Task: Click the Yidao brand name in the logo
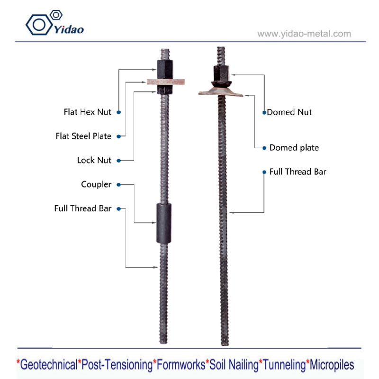[69, 29]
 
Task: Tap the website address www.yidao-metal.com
[304, 34]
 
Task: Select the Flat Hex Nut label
[88, 112]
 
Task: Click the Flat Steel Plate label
[83, 136]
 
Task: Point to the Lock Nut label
[94, 160]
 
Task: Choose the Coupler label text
[96, 184]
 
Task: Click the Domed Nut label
[289, 112]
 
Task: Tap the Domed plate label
[294, 148]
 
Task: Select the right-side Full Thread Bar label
[298, 171]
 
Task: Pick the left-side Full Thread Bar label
[83, 208]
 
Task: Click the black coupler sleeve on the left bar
[163, 223]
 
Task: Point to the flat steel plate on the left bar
[166, 81]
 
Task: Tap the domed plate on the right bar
[221, 92]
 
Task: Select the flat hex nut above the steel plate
[165, 69]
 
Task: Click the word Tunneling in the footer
[284, 364]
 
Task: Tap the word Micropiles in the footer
[332, 364]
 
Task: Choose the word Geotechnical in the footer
[48, 364]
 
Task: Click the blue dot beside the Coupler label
[119, 185]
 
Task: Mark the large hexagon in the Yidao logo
[39, 25]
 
